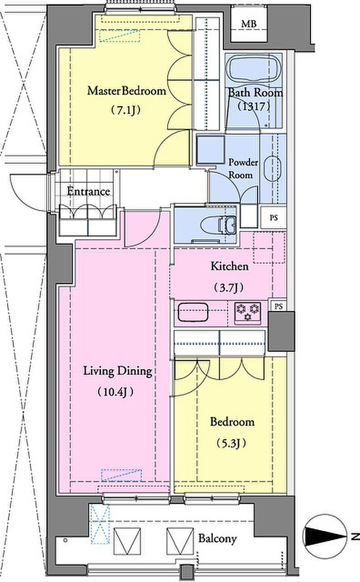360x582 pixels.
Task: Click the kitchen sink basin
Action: click(x=193, y=312)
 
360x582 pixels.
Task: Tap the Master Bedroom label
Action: click(x=127, y=91)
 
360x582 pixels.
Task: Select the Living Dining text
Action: click(x=117, y=371)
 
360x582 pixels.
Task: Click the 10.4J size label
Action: click(x=115, y=392)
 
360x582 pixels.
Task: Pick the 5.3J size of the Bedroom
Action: click(x=231, y=443)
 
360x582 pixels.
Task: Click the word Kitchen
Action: click(x=229, y=266)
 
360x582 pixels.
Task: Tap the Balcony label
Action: click(x=218, y=538)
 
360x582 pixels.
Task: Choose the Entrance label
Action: click(x=88, y=191)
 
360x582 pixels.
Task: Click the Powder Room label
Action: click(x=243, y=168)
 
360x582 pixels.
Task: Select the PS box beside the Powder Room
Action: click(x=274, y=218)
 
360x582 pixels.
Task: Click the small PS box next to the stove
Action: click(x=279, y=306)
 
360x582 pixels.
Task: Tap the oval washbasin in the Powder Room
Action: click(x=272, y=168)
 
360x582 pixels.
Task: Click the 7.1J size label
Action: click(x=126, y=110)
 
